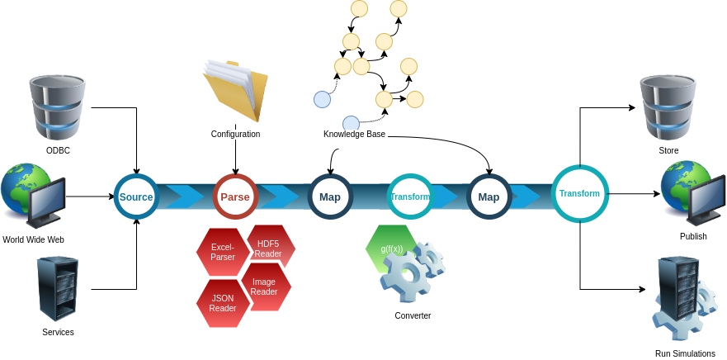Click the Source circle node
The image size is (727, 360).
click(136, 197)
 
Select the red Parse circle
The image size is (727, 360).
click(235, 197)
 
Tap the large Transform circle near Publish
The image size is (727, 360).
click(579, 193)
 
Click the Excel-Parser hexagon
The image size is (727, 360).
click(222, 252)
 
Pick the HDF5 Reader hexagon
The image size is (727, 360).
click(269, 246)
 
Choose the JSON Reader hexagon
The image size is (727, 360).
click(222, 303)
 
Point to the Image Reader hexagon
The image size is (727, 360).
click(265, 287)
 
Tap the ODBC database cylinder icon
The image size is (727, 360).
click(57, 107)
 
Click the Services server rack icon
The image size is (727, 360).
click(58, 289)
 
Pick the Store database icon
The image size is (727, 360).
click(668, 107)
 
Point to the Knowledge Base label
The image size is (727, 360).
click(354, 135)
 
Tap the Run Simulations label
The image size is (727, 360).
click(685, 353)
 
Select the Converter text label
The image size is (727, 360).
click(413, 315)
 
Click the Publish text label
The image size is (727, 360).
click(693, 236)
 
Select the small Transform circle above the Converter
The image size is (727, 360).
click(410, 197)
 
